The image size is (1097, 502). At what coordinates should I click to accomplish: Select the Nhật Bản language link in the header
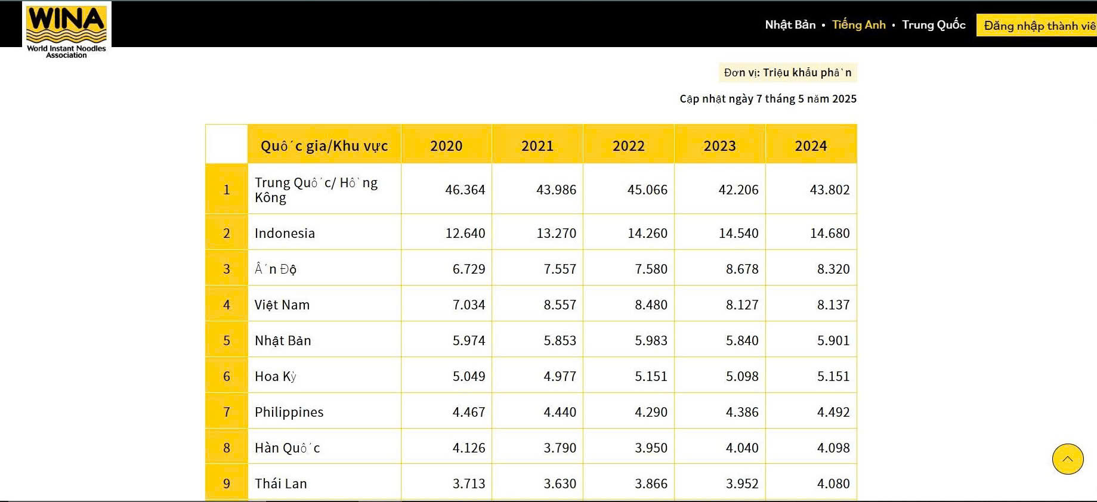click(790, 25)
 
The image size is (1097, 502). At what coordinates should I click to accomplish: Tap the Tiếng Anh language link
click(858, 25)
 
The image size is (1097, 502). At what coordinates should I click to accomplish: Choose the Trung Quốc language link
click(934, 25)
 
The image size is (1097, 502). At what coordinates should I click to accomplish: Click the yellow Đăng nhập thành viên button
click(1037, 26)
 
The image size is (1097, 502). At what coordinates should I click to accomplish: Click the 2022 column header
click(629, 145)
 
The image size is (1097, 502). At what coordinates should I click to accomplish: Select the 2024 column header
click(811, 145)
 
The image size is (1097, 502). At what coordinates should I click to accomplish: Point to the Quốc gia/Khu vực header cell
click(325, 145)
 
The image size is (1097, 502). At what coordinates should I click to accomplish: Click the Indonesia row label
click(285, 233)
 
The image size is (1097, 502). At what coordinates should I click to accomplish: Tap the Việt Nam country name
click(282, 305)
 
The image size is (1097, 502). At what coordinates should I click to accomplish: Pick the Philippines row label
click(289, 412)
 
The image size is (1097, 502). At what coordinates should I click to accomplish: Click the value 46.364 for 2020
click(465, 190)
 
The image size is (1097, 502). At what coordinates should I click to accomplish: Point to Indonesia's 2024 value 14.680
click(830, 233)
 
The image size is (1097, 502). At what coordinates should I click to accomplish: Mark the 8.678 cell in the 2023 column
click(742, 269)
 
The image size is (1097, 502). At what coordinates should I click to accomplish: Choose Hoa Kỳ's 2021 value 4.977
click(560, 376)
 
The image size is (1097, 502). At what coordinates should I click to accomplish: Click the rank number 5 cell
click(227, 340)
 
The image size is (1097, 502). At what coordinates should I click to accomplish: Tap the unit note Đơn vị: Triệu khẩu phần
click(788, 73)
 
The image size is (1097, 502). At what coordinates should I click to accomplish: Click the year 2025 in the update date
click(844, 99)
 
